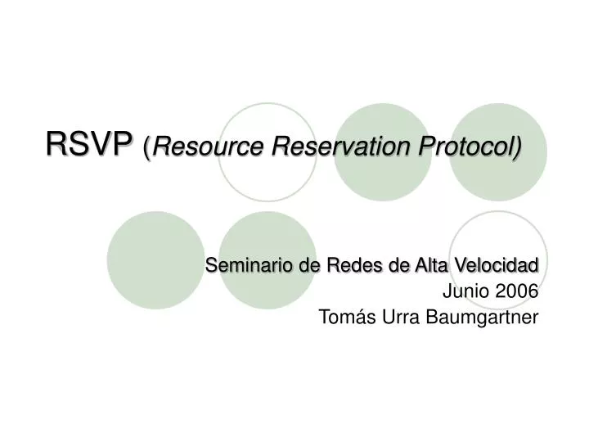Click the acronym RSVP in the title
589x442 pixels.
point(89,145)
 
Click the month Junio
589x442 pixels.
point(462,291)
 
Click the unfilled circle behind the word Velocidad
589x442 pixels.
point(497,237)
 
